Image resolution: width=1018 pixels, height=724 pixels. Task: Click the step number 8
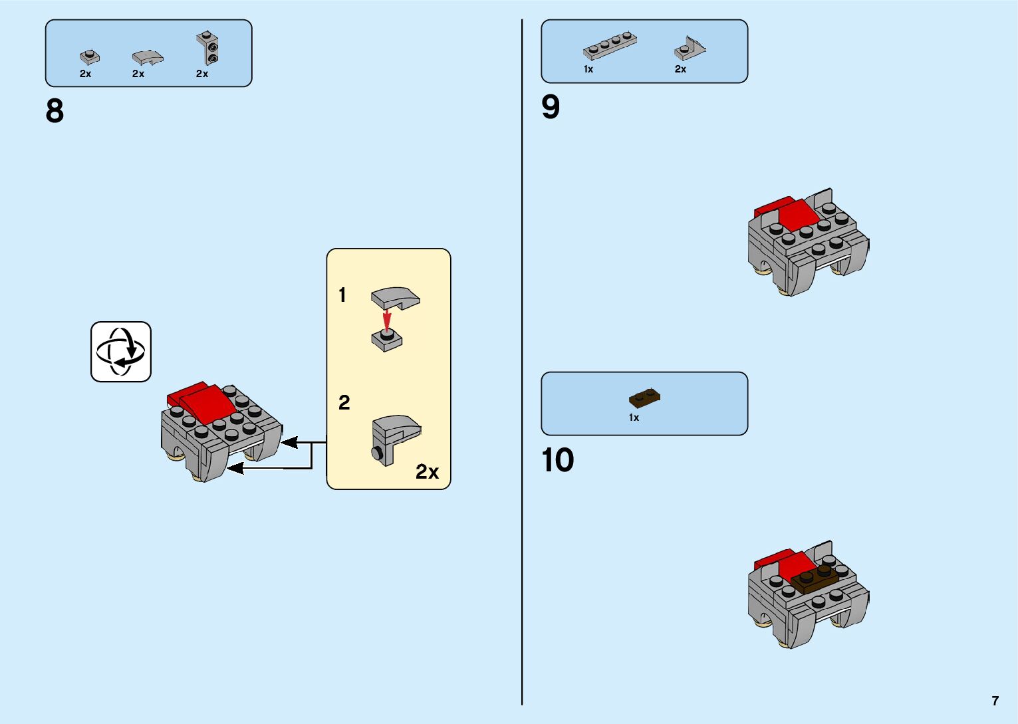[55, 111]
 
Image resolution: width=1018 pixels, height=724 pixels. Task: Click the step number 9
[551, 107]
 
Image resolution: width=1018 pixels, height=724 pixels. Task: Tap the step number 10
[557, 460]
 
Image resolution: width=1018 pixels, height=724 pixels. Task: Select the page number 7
[995, 701]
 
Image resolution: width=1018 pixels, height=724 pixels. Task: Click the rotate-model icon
[121, 352]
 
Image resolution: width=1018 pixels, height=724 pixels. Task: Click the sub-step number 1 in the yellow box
[342, 295]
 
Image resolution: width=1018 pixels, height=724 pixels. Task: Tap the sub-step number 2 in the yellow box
[344, 403]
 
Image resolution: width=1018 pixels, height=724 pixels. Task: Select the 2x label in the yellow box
[427, 472]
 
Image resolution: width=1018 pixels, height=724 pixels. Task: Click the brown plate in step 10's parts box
[644, 398]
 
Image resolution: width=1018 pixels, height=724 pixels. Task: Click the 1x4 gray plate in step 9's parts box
[610, 46]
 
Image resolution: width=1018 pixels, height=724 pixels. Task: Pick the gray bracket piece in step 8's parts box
[207, 48]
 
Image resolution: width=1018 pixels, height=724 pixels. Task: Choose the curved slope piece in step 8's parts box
[147, 58]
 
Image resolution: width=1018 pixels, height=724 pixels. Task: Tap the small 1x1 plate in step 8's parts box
[89, 57]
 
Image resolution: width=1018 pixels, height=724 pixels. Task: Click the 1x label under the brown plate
[634, 418]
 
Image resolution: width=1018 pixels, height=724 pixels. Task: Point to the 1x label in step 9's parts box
[588, 69]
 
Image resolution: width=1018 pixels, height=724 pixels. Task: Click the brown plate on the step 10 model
[815, 578]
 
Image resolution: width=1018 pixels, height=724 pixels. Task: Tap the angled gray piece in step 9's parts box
[690, 49]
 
